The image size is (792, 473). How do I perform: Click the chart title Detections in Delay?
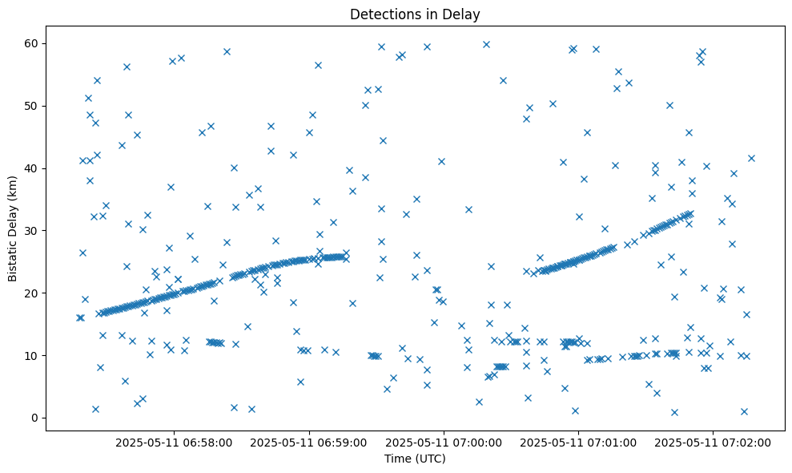pos(415,14)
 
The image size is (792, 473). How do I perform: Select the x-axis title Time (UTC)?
pos(415,459)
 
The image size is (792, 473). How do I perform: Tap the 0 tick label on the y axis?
pos(35,418)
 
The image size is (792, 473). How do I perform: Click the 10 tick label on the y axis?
pos(32,355)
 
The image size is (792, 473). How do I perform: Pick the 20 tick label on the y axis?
pos(32,293)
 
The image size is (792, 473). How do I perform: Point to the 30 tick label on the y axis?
pos(32,231)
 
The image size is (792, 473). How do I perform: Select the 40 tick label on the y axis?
pos(32,168)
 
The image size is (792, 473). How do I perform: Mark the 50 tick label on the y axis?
pos(32,106)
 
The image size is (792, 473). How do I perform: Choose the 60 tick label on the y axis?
pos(32,43)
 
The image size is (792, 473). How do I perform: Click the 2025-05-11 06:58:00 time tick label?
pos(174,442)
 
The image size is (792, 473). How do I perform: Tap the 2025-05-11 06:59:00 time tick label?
pos(309,442)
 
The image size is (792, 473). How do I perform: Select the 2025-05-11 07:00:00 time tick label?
pos(444,442)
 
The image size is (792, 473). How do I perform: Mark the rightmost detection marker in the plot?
pos(751,158)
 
